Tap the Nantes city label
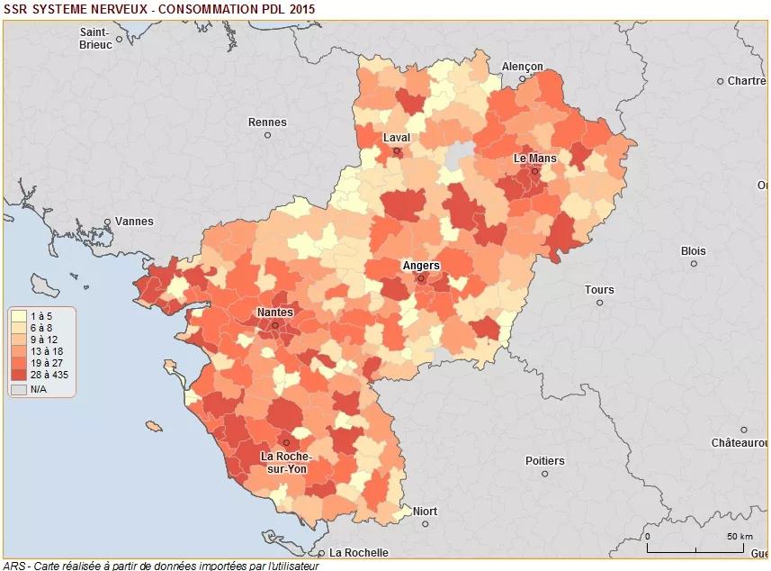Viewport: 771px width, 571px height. pyautogui.click(x=274, y=313)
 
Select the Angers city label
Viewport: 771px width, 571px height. pyautogui.click(x=420, y=266)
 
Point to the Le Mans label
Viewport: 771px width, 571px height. pyautogui.click(x=534, y=158)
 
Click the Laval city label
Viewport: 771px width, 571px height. pyautogui.click(x=396, y=138)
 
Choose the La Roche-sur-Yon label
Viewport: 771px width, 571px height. pyautogui.click(x=286, y=462)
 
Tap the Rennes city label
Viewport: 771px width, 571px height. pyautogui.click(x=267, y=122)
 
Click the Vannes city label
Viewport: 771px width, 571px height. pyautogui.click(x=134, y=222)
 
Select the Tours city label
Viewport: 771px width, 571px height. pyautogui.click(x=599, y=290)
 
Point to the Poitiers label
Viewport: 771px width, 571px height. pyautogui.click(x=545, y=461)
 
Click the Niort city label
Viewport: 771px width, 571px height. pyautogui.click(x=425, y=512)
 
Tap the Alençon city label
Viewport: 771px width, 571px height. pyautogui.click(x=523, y=67)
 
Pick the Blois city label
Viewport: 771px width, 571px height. pyautogui.click(x=694, y=251)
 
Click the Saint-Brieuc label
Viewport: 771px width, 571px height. pyautogui.click(x=95, y=38)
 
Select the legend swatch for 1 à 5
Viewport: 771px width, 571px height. pyautogui.click(x=18, y=316)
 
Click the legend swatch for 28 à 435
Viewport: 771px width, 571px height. pyautogui.click(x=18, y=375)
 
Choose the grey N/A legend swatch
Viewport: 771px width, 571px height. pyautogui.click(x=18, y=390)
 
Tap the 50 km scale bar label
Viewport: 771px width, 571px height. pyautogui.click(x=740, y=537)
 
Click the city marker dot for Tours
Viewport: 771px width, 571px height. pyautogui.click(x=599, y=303)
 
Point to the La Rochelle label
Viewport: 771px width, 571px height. pyautogui.click(x=359, y=552)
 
